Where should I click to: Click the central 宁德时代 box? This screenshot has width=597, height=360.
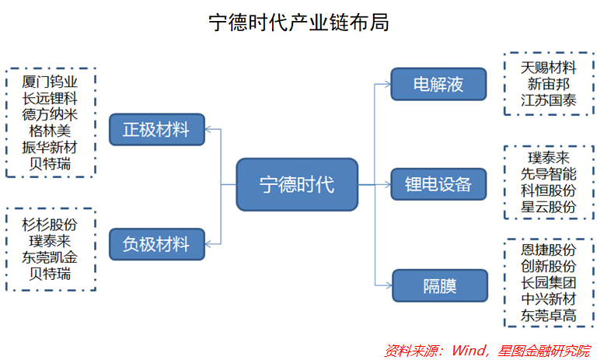pyautogui.click(x=297, y=184)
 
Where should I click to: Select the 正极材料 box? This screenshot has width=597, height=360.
pyautogui.click(x=156, y=129)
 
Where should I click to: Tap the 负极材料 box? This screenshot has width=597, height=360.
pyautogui.click(x=156, y=244)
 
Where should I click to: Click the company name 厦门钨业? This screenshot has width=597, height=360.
pyautogui.click(x=50, y=82)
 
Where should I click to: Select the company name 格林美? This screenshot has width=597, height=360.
pyautogui.click(x=50, y=131)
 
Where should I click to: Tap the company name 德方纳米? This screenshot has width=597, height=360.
pyautogui.click(x=50, y=114)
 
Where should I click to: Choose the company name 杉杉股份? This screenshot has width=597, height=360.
pyautogui.click(x=50, y=225)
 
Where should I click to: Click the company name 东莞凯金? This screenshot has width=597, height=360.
pyautogui.click(x=50, y=257)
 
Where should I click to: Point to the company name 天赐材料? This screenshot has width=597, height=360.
pyautogui.click(x=549, y=68)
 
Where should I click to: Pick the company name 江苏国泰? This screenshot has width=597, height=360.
pyautogui.click(x=549, y=100)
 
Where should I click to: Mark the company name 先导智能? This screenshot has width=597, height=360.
pyautogui.click(x=549, y=174)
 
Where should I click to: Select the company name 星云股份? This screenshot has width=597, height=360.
pyautogui.click(x=549, y=207)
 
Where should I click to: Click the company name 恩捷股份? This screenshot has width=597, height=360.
pyautogui.click(x=549, y=250)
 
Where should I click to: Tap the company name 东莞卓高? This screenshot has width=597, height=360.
pyautogui.click(x=549, y=316)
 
